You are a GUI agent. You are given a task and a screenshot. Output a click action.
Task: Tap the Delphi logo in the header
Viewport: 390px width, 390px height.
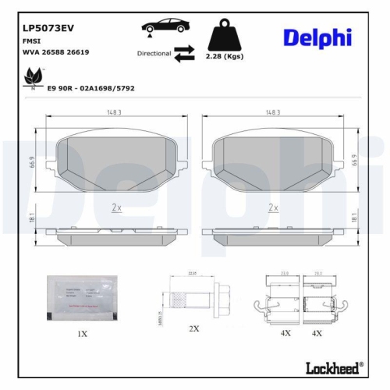[x=317, y=37]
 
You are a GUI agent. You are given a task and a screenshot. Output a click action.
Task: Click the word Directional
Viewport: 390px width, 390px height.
[x=154, y=54]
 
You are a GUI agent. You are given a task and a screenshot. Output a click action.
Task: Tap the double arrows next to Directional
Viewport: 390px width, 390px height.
[x=184, y=53]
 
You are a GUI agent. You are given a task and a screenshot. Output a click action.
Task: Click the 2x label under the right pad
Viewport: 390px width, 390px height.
[x=273, y=207]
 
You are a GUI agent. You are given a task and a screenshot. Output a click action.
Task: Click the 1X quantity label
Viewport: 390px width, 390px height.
[x=82, y=333]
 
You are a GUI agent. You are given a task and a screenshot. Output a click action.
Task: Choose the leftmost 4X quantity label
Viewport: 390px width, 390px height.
[x=285, y=333]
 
